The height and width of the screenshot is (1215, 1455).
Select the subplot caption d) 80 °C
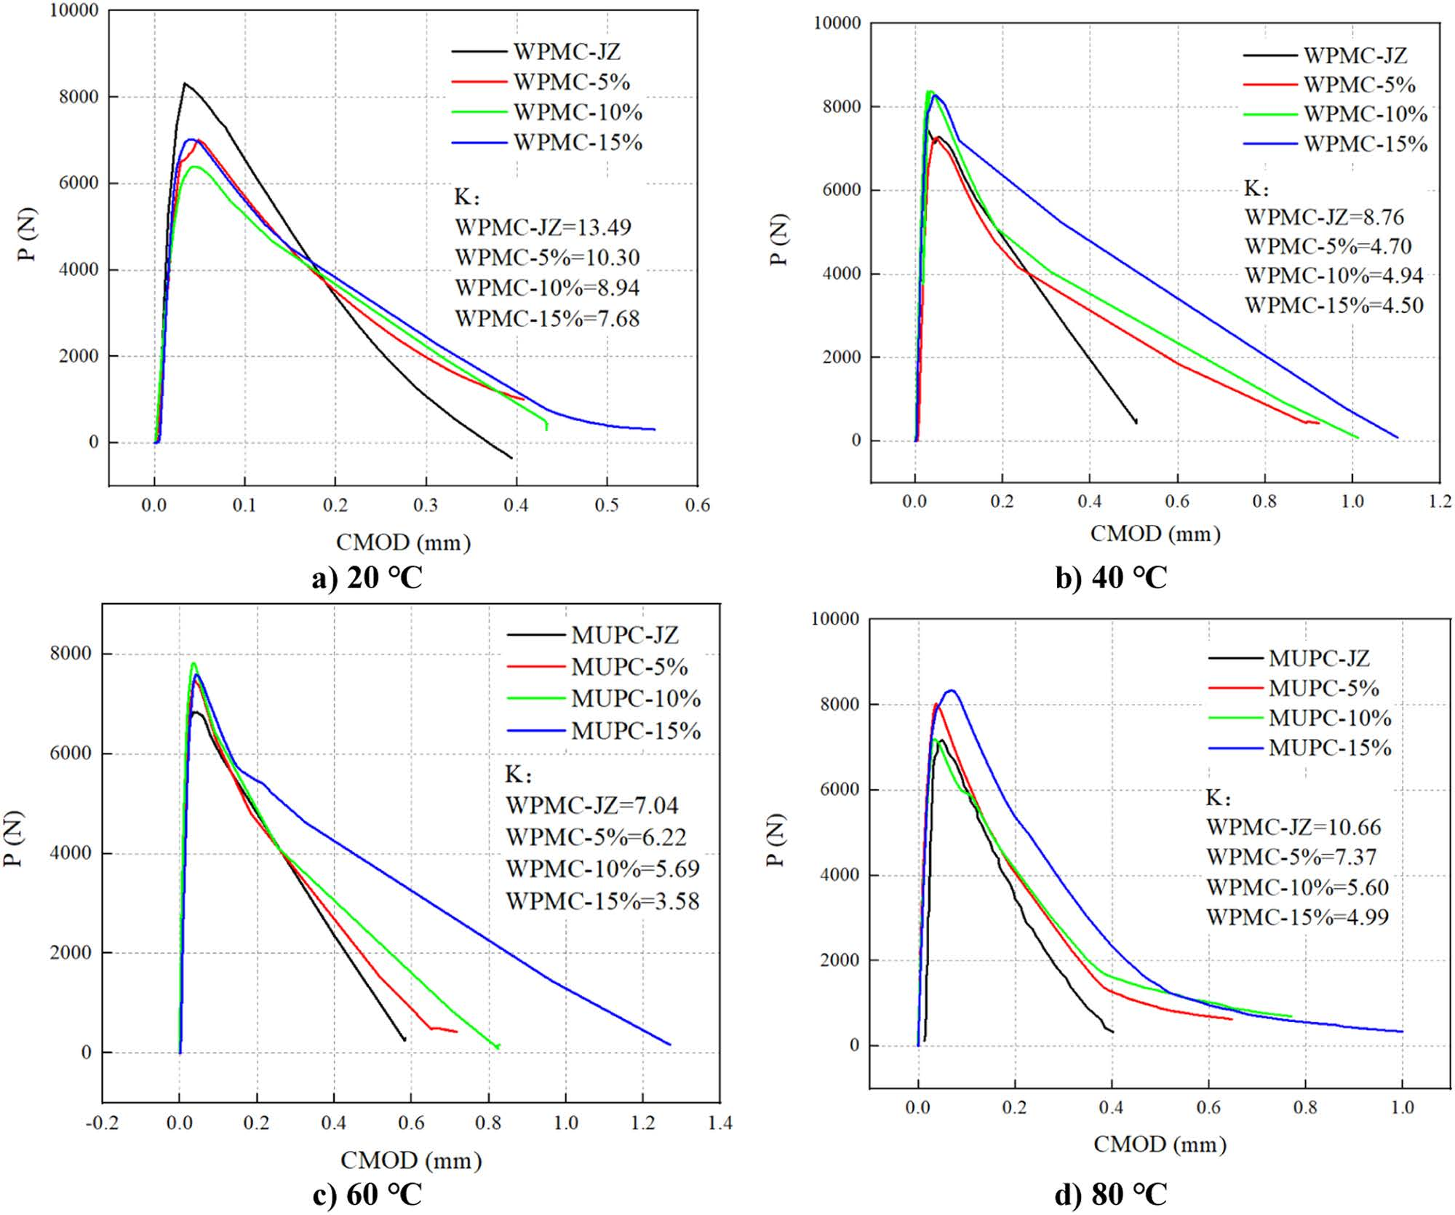(1111, 1195)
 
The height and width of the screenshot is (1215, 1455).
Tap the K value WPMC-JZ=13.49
(543, 227)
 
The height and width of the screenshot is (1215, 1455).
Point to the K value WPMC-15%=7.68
(547, 318)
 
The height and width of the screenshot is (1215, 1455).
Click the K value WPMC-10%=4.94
(1334, 276)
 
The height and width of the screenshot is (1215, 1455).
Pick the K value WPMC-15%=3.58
(602, 901)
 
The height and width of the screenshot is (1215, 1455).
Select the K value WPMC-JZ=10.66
(1293, 827)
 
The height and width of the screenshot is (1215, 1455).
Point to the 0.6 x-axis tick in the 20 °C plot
(697, 505)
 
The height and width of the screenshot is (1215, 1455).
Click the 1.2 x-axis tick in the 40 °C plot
(1440, 502)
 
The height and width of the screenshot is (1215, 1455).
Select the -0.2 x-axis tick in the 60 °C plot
(101, 1123)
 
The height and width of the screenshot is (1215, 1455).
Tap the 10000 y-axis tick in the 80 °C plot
(834, 619)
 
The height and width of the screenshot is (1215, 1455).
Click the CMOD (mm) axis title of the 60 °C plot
(411, 1160)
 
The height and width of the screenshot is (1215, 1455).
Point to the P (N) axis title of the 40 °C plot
(778, 240)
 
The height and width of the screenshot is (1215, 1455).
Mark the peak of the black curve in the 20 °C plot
(185, 83)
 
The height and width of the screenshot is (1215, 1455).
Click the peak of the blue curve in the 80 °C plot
(951, 690)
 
